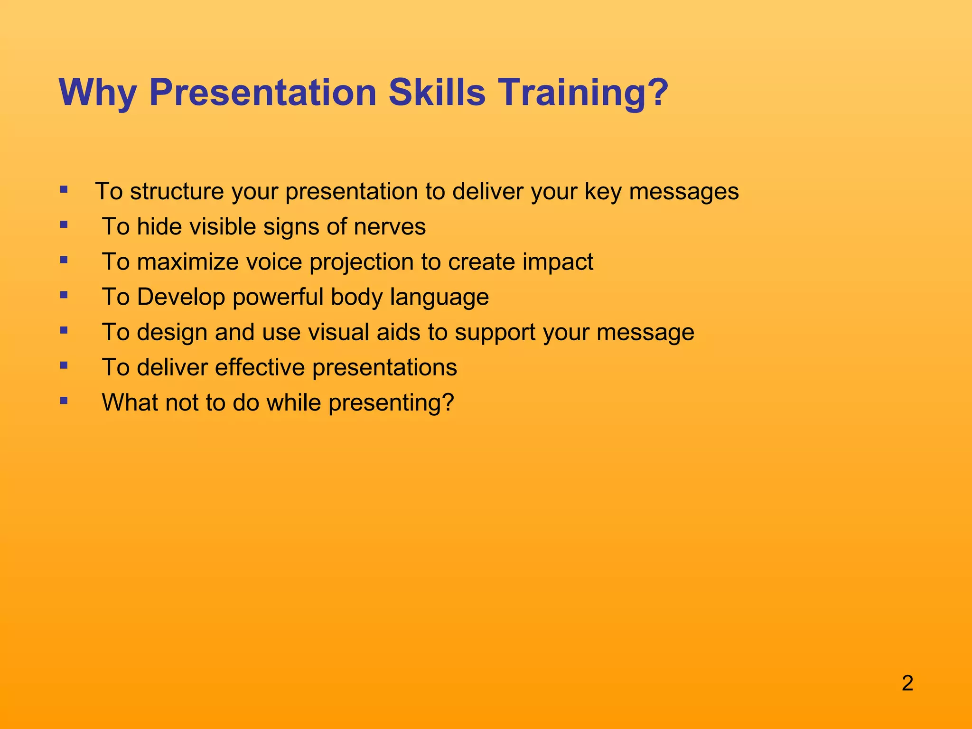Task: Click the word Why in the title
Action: coord(97,93)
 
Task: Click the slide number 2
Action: coord(907,683)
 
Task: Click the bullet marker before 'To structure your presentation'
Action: coord(64,190)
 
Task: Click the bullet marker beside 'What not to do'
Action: coord(64,401)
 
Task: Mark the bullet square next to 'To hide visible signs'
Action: coord(64,224)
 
